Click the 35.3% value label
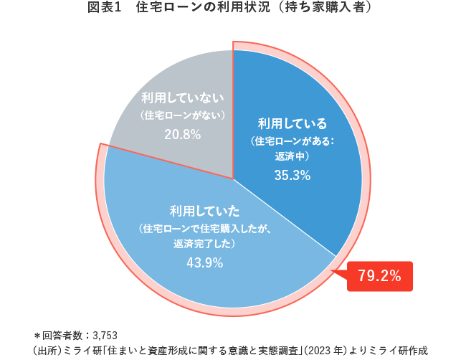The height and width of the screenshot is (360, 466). coord(292,175)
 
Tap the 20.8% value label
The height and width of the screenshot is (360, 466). coord(182,134)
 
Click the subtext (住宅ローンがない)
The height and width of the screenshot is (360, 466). coord(183,115)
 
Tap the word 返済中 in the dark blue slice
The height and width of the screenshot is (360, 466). coord(292,156)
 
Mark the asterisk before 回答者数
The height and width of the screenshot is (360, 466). coord(37,334)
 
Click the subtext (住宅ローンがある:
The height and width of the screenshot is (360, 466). coord(292,141)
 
